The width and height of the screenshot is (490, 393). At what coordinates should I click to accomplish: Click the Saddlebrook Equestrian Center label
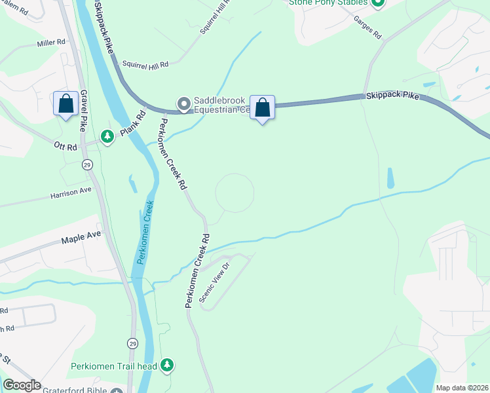(219, 105)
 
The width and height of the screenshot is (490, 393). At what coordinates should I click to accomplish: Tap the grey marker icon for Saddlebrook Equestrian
(183, 103)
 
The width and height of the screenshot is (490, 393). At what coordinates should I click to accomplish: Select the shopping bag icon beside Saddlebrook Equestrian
(262, 107)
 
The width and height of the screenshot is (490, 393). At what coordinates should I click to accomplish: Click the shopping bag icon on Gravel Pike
(66, 103)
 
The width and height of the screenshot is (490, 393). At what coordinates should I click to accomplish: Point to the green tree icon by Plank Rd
(107, 136)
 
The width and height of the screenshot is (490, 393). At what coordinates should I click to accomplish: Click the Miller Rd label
(52, 43)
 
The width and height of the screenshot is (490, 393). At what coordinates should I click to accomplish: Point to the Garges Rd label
(367, 28)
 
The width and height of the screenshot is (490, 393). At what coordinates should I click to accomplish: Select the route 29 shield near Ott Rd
(87, 164)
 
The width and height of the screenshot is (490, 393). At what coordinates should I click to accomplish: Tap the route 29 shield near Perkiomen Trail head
(133, 343)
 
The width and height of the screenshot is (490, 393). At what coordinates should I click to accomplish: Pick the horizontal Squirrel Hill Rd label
(145, 64)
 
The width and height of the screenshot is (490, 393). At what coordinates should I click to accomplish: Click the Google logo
(22, 385)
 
